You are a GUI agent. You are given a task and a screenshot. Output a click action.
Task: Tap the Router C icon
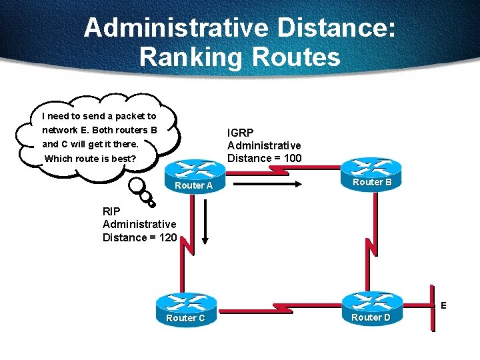pos(185,307)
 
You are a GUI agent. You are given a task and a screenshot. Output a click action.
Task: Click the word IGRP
pos(240,133)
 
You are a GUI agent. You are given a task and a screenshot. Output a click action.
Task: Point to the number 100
pos(291,158)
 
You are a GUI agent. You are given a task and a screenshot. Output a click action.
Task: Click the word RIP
pos(111,211)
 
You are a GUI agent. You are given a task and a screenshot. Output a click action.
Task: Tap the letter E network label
pos(443,306)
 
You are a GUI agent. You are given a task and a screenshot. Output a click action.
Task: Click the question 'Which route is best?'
pos(90,159)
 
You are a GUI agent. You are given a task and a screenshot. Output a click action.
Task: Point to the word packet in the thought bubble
pos(117,116)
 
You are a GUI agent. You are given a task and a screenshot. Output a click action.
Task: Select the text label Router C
pos(185,318)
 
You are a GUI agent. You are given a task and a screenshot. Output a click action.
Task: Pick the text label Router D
pos(371,317)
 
